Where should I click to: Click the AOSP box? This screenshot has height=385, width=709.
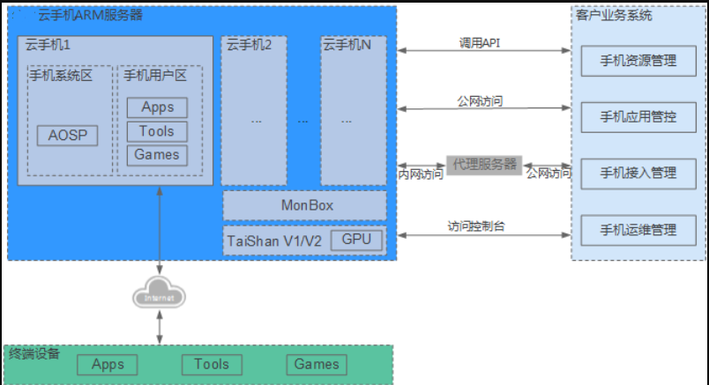tap(67, 137)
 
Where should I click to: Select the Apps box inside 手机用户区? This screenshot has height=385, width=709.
tap(157, 107)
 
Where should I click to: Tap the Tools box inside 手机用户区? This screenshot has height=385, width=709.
tap(157, 131)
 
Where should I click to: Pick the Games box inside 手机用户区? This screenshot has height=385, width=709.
tap(157, 155)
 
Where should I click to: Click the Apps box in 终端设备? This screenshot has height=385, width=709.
tap(108, 364)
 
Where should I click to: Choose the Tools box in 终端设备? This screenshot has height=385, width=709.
tap(212, 364)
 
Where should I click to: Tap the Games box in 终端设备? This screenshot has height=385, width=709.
tap(317, 364)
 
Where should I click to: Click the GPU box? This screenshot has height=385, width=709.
tap(357, 240)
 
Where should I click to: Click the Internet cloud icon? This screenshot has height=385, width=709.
tap(160, 297)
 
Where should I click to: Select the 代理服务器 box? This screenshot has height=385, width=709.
tap(484, 165)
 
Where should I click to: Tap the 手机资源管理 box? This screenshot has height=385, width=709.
tap(638, 61)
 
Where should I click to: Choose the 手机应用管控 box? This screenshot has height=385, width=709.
tap(638, 116)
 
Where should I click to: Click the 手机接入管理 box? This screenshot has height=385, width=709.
tap(638, 173)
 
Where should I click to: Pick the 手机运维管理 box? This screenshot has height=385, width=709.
tap(638, 230)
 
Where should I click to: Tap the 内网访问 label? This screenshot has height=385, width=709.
tap(422, 174)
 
